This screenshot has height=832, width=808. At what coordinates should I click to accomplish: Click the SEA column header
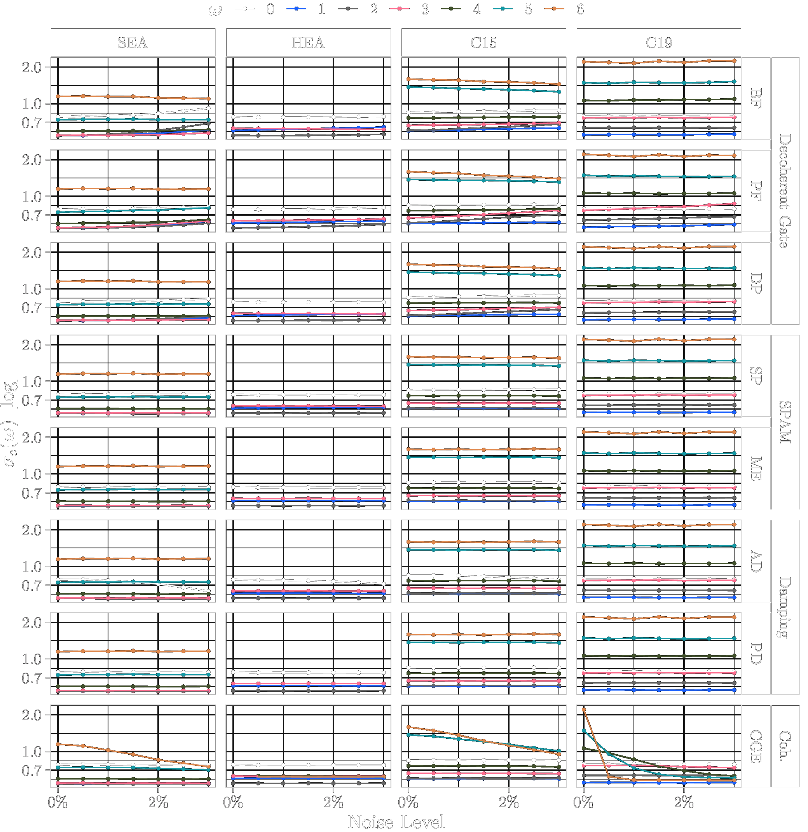click(133, 42)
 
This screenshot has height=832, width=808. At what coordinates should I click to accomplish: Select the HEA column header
click(308, 42)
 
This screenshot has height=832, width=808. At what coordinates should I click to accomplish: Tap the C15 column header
click(483, 42)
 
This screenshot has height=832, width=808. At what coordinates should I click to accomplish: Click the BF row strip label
click(756, 98)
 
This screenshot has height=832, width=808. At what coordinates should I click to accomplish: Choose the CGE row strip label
click(756, 746)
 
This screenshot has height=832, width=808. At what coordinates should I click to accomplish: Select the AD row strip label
click(756, 561)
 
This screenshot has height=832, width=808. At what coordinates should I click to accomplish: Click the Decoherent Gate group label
click(785, 191)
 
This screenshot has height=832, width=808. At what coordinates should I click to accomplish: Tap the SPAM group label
click(785, 422)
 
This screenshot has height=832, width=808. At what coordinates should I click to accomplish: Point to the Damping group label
click(785, 607)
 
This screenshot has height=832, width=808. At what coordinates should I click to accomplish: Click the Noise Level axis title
click(396, 822)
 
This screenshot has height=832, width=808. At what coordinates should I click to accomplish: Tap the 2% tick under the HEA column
click(333, 802)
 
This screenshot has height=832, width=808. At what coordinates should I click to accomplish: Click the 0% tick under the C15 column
click(408, 802)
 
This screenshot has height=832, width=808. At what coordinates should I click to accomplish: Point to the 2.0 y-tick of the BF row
click(32, 67)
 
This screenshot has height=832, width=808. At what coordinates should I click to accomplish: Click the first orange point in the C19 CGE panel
click(584, 710)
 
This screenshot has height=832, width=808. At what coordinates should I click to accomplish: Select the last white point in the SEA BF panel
click(208, 108)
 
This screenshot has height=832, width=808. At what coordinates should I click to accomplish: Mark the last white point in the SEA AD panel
click(208, 591)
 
